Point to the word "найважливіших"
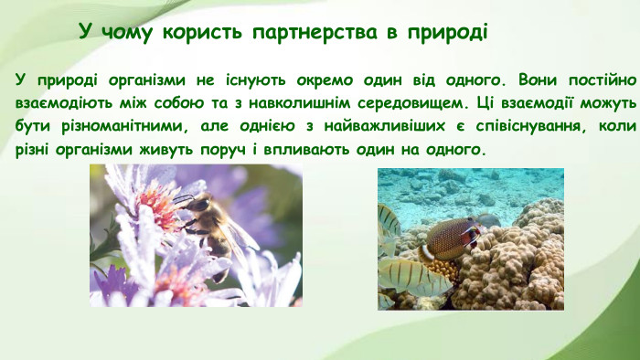coord(383,124)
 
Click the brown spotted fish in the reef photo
coord(450,239)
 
